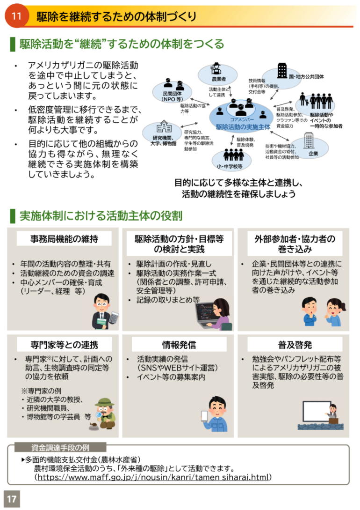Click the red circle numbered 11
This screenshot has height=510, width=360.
click(x=16, y=15)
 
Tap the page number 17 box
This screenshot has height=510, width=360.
click(x=12, y=499)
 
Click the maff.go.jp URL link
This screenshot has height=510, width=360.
click(x=153, y=477)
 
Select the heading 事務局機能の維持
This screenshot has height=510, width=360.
click(x=64, y=239)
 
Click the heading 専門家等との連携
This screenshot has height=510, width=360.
click(x=64, y=344)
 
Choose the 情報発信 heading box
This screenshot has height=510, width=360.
click(x=179, y=344)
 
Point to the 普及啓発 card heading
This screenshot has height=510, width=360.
click(x=295, y=344)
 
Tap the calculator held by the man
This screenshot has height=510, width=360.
click(x=114, y=318)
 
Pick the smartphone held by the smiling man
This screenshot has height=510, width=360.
click(x=204, y=417)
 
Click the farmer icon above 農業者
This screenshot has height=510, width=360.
click(x=216, y=69)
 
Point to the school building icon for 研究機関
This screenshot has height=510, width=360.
click(x=164, y=127)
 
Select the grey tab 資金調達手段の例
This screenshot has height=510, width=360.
click(x=60, y=448)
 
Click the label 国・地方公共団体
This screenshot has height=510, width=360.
click(x=306, y=77)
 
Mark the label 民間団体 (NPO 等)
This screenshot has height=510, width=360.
click(x=172, y=96)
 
